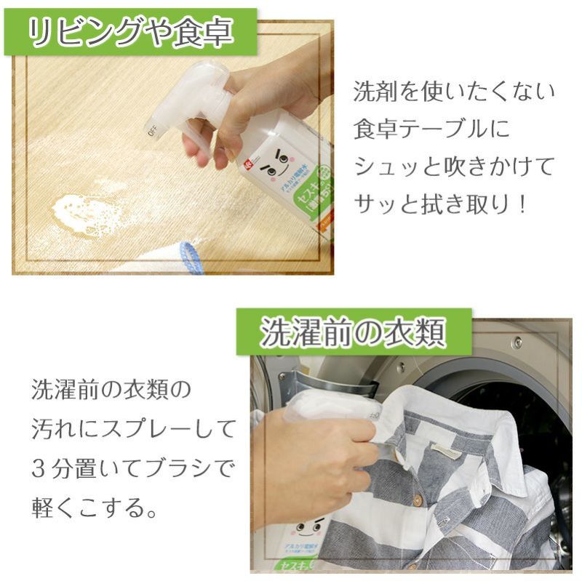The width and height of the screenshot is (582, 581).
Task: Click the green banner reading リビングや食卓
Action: pos(130,31)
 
